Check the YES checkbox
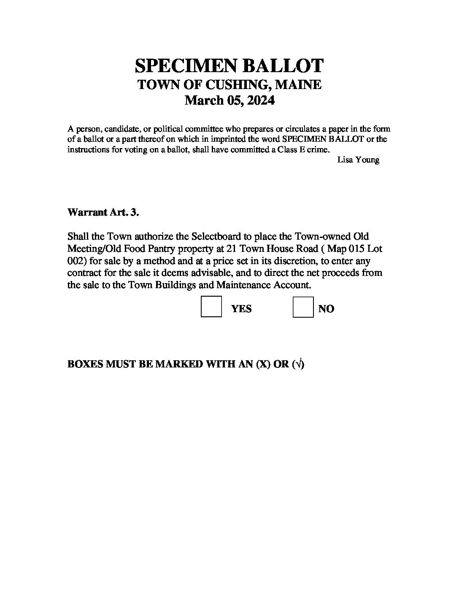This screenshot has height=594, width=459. (x=211, y=307)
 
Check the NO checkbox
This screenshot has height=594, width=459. (x=303, y=307)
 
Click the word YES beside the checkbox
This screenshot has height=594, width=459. (x=241, y=309)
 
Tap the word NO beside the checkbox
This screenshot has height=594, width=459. (x=326, y=309)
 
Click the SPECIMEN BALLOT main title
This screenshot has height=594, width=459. (x=229, y=66)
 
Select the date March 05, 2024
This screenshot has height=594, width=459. (x=230, y=100)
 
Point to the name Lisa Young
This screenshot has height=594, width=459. (x=358, y=160)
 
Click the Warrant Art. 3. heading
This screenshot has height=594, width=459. (x=103, y=212)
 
